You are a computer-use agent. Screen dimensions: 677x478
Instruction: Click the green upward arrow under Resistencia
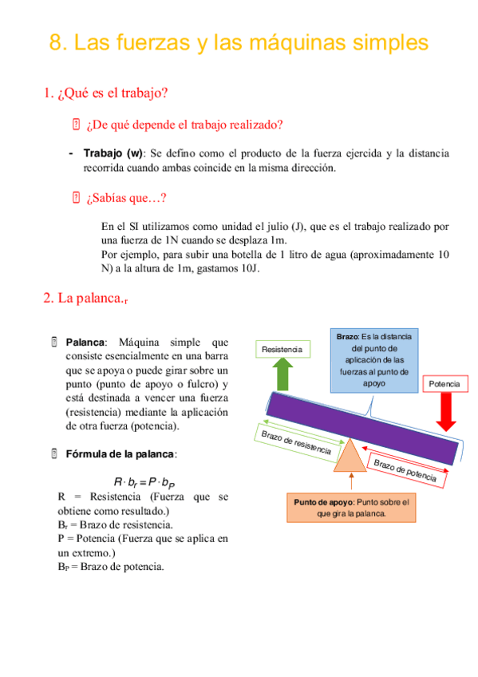pos(282,374)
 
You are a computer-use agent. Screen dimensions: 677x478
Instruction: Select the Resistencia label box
pos(282,350)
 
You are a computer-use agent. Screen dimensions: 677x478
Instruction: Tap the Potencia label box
pos(444,384)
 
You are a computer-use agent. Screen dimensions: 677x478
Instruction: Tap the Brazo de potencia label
pos(405,470)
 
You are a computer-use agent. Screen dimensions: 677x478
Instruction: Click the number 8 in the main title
pos(57,43)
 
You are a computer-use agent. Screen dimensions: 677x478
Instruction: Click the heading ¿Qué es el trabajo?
pos(105,93)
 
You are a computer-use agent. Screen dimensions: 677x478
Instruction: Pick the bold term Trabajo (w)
pos(113,153)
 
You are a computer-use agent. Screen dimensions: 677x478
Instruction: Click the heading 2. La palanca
pos(85,299)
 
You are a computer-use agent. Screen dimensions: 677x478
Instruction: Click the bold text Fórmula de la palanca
pos(120,453)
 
